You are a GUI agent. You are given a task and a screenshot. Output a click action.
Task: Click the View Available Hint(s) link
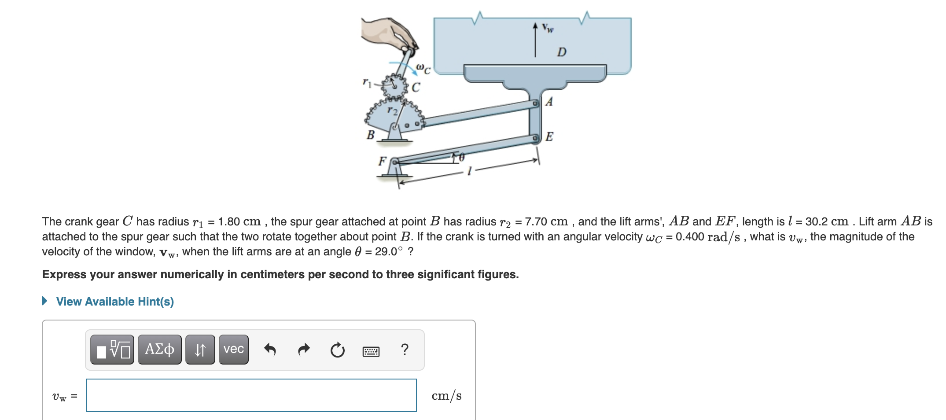[x=114, y=302]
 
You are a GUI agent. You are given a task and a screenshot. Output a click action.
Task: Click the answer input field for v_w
[x=251, y=395]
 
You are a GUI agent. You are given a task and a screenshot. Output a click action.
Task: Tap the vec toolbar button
[x=233, y=350]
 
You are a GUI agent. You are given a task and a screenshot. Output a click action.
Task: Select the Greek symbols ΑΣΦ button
[x=159, y=350]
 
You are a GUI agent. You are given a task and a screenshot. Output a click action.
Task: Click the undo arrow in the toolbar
[x=270, y=350]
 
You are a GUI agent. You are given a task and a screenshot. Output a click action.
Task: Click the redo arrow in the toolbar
[x=304, y=350]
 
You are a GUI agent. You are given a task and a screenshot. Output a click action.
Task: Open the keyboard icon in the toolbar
[x=371, y=351]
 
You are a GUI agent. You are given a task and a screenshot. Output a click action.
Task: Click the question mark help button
[x=405, y=350]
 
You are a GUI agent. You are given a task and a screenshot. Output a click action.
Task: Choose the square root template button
[x=112, y=350]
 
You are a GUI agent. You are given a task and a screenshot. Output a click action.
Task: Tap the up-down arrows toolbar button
[x=200, y=350]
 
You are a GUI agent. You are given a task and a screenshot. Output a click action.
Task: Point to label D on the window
[x=561, y=52]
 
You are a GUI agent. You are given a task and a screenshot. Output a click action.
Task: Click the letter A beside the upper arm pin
[x=548, y=102]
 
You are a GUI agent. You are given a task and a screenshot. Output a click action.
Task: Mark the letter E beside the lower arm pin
[x=549, y=136]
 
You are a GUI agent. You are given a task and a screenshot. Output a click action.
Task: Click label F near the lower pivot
[x=382, y=161]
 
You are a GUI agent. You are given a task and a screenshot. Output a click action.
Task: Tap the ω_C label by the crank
[x=423, y=69]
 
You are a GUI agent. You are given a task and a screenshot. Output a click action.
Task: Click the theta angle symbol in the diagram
[x=461, y=157]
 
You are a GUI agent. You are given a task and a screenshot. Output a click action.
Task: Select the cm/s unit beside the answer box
[x=446, y=396]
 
